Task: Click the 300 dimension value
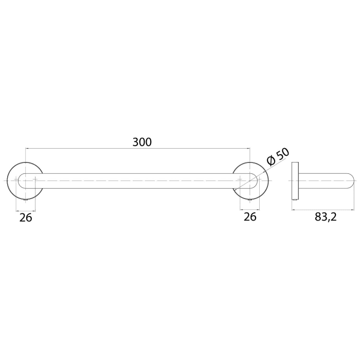click(x=142, y=142)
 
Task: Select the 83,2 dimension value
click(x=325, y=218)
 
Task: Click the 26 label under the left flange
click(x=26, y=218)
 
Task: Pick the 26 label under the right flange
click(x=250, y=218)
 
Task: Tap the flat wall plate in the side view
click(x=295, y=181)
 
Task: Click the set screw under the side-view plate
click(x=295, y=201)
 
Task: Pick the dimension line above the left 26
click(x=26, y=210)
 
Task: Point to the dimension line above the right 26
click(x=249, y=210)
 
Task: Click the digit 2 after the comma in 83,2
click(x=334, y=218)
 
